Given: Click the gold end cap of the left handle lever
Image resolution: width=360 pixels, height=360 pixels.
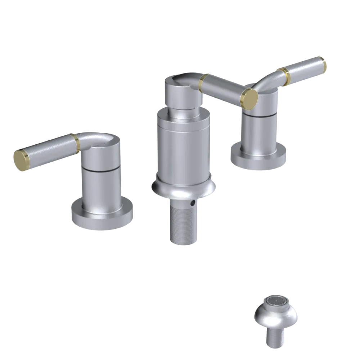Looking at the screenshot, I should pos(21,160).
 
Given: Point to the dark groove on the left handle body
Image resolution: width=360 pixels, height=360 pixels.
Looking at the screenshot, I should pos(100,168).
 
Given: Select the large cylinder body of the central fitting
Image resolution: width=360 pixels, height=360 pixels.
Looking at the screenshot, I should pos(184,148).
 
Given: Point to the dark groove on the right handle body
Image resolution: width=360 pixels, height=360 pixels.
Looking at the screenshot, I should pos(260,115).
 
